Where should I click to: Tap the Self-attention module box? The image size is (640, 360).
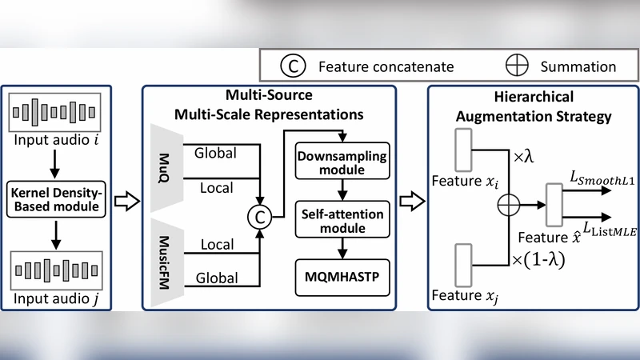pyautogui.click(x=342, y=223)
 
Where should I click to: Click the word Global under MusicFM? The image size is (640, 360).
pyautogui.click(x=216, y=278)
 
